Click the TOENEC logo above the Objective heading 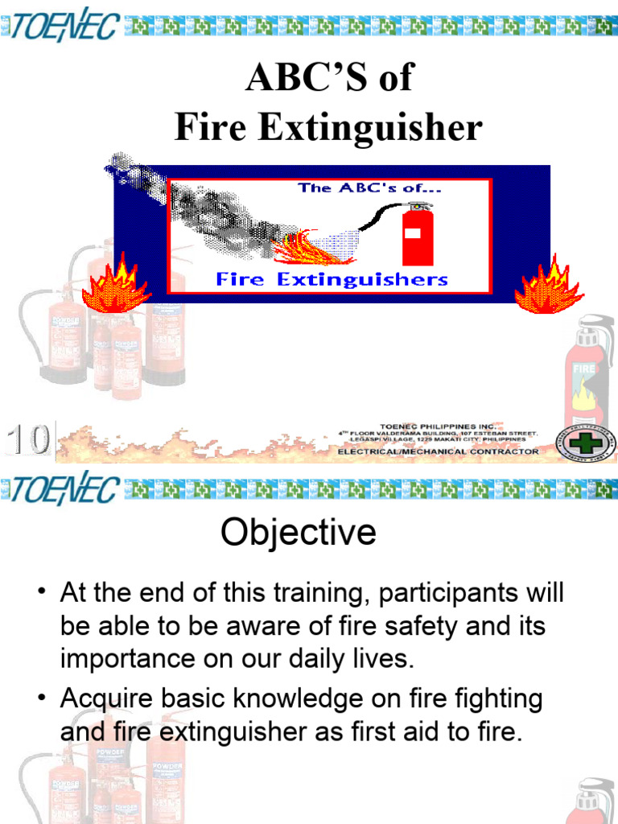64,489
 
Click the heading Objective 299,533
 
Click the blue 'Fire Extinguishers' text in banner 332,279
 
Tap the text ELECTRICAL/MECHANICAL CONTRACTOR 438,451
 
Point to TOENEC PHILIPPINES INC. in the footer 438,425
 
